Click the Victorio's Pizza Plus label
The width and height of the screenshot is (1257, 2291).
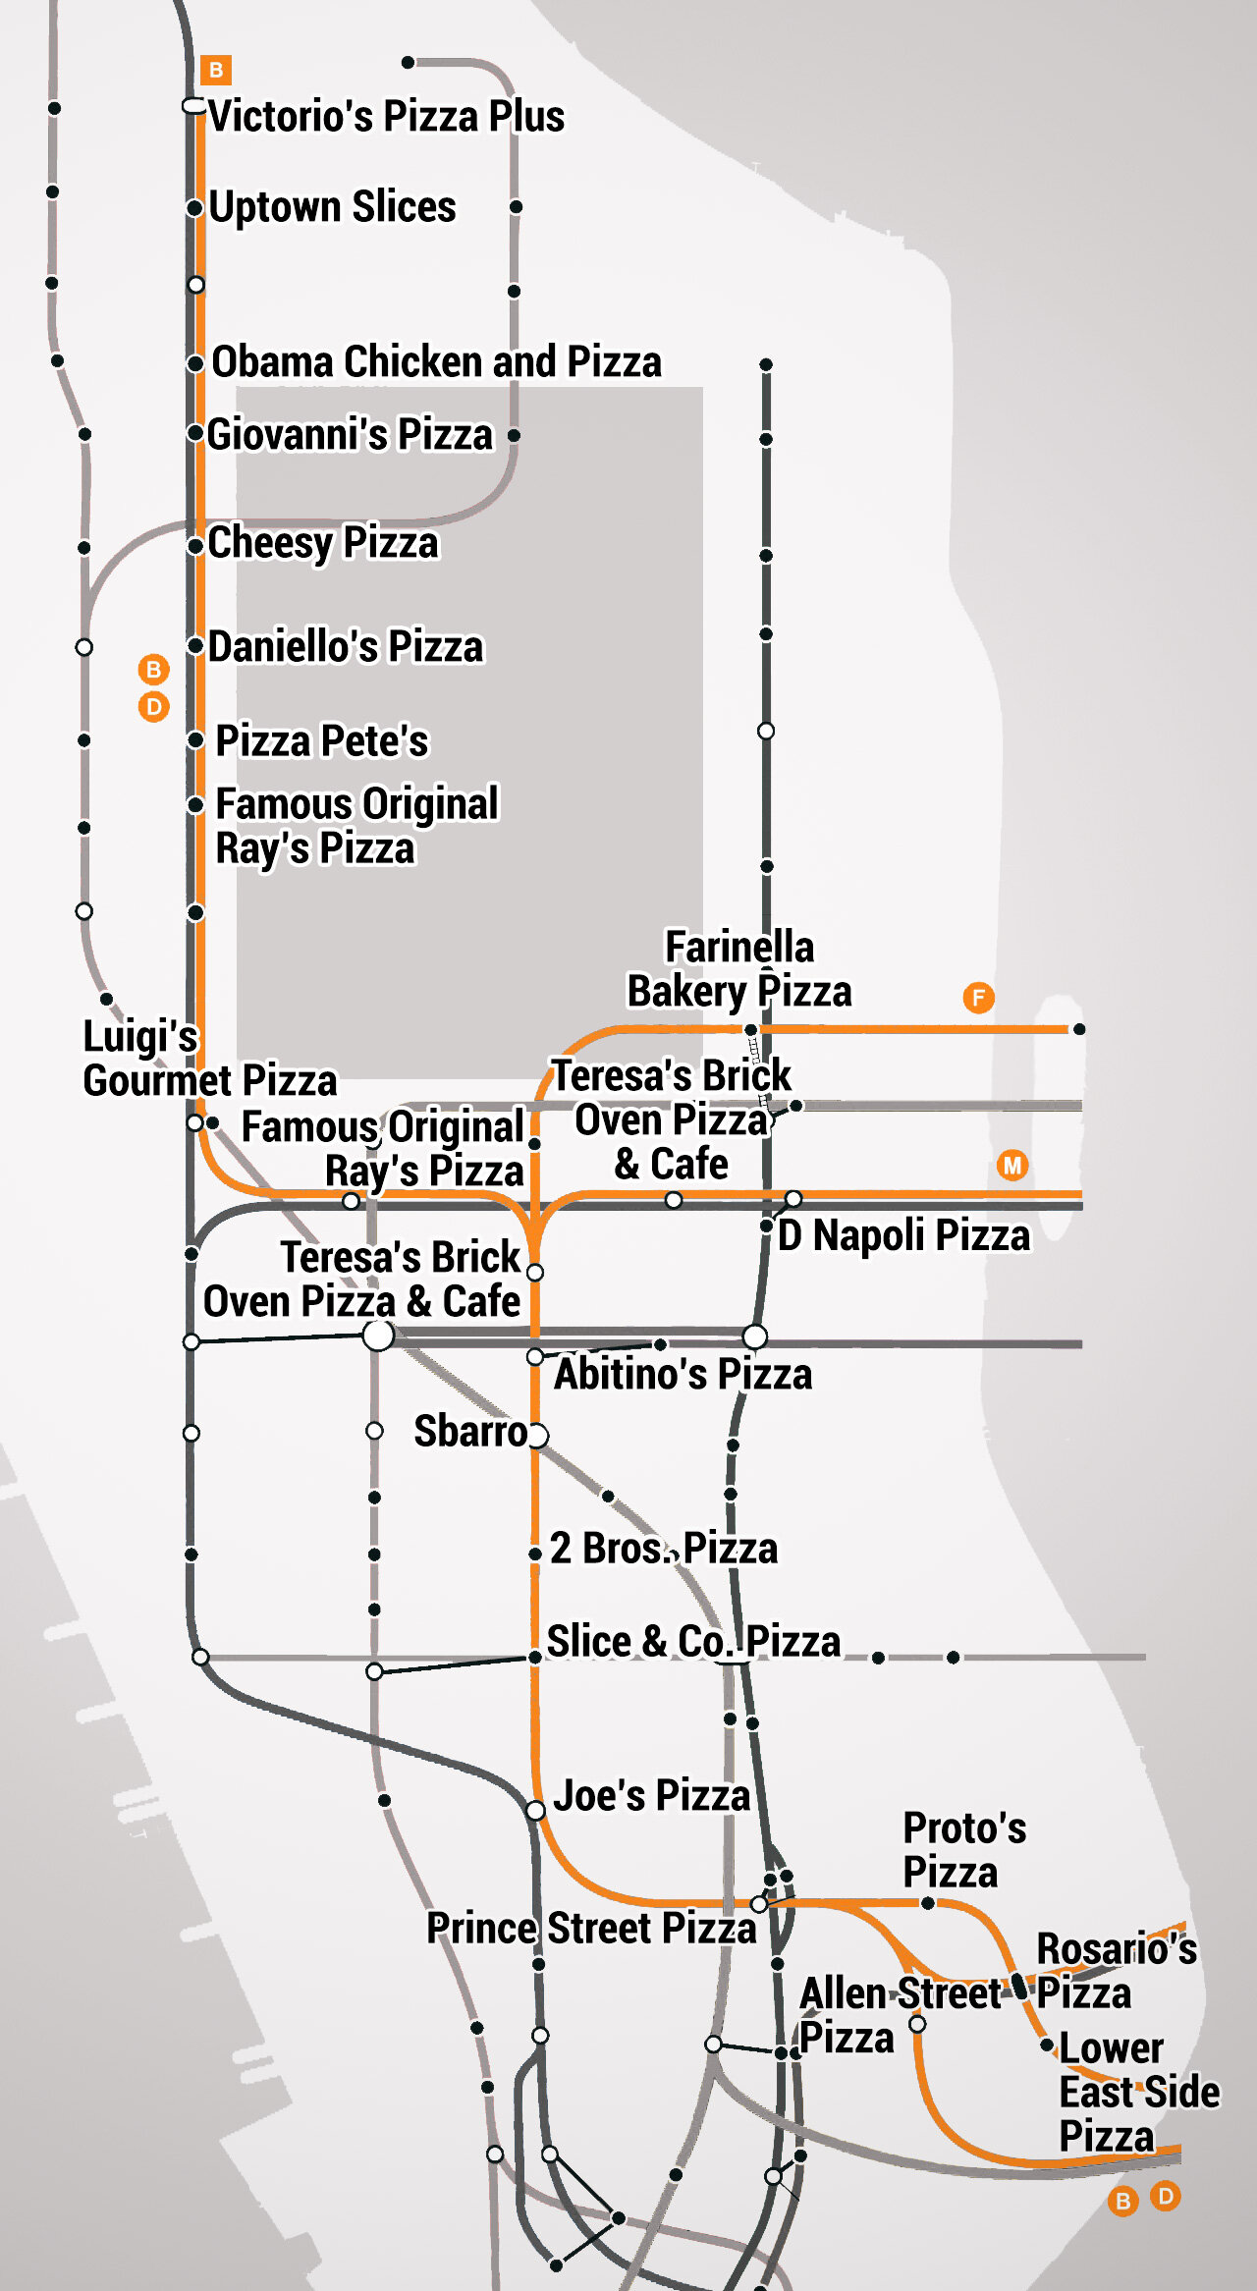point(386,116)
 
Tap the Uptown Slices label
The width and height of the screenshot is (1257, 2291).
point(332,207)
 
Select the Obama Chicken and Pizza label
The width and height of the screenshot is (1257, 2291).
point(436,361)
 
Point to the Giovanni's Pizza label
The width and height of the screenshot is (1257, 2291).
point(350,434)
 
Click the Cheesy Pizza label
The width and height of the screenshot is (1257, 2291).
point(323,543)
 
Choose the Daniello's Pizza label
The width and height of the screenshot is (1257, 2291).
point(346,647)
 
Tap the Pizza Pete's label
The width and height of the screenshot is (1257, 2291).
point(322,741)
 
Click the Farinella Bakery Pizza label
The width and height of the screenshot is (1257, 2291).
point(739,969)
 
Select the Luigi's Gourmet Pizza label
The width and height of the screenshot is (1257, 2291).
point(209,1059)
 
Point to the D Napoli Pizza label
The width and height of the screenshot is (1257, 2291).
point(903,1235)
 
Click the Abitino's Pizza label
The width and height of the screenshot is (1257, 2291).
point(683,1374)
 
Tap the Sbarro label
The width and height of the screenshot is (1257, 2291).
point(470,1432)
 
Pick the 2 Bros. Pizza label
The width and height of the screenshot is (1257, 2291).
point(664,1549)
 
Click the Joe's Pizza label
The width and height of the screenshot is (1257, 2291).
point(652,1795)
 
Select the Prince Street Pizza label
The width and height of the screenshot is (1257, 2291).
point(591,1929)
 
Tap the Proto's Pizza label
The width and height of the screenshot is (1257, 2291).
point(964,1850)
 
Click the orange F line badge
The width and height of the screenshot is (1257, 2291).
point(978,998)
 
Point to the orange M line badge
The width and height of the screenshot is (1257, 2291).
point(1012,1166)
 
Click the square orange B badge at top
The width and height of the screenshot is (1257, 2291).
point(216,70)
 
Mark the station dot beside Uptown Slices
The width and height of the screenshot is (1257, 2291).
point(195,208)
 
